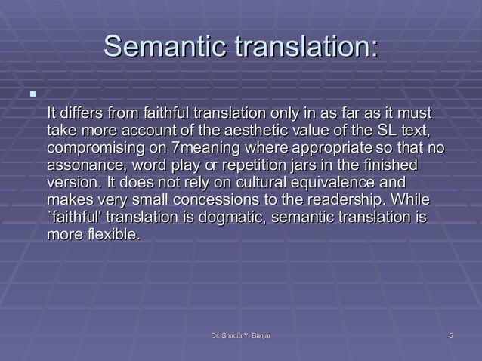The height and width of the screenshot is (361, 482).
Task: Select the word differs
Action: tap(83, 113)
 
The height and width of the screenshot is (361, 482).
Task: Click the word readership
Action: tap(341, 200)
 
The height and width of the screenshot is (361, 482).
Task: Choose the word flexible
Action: tap(112, 235)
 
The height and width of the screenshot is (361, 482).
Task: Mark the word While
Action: tap(412, 200)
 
